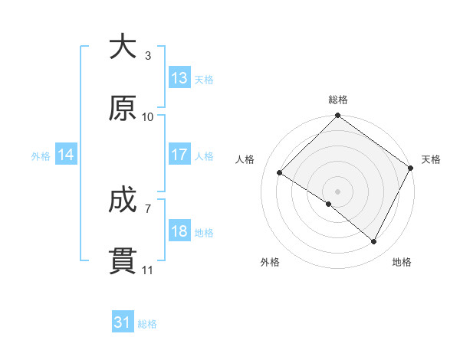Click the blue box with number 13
pos(179,78)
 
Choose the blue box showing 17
pos(179,155)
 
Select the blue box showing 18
pos(179,231)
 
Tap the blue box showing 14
pos(66,155)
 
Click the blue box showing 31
pos(123,323)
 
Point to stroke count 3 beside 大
pos(148,56)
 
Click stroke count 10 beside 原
pos(148,117)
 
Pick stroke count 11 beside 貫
pos(148,270)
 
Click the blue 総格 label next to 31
pos(147,324)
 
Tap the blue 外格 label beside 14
pos(41,155)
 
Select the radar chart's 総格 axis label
pos(338,100)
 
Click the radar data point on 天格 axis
pos(410,168)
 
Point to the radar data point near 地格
pos(374,242)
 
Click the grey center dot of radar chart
pos(338,191)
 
